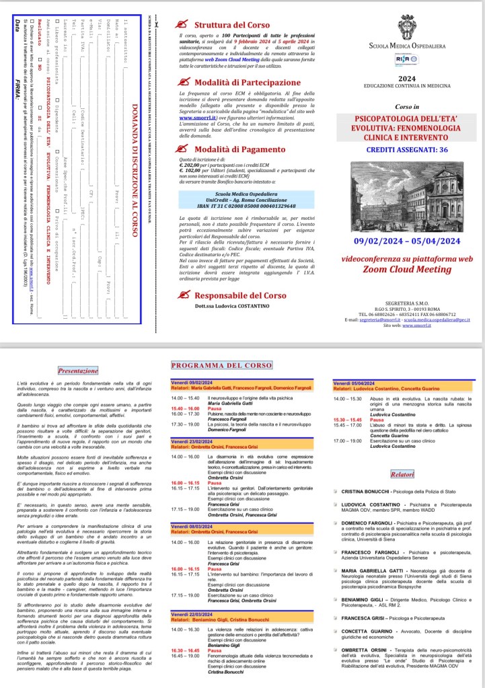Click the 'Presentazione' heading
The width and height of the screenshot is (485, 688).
tap(78, 370)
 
